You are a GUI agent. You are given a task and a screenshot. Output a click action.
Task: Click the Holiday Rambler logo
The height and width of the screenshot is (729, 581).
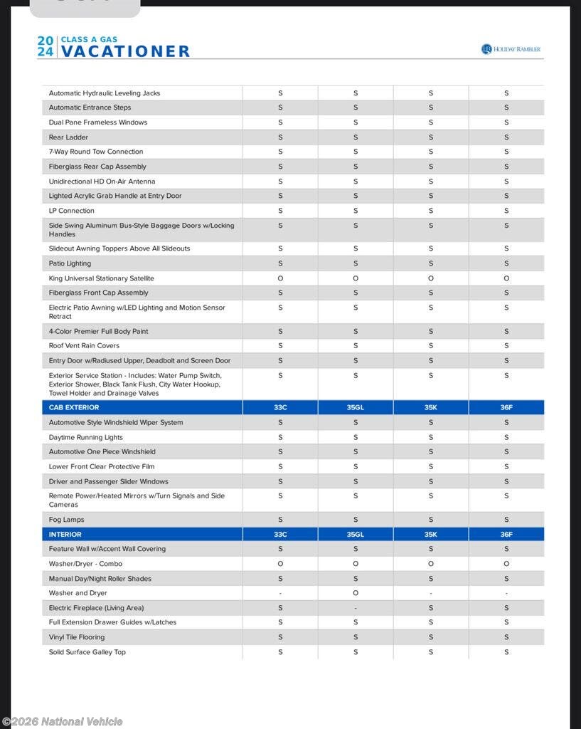511,49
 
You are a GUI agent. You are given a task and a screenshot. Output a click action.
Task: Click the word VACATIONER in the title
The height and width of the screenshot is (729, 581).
125,51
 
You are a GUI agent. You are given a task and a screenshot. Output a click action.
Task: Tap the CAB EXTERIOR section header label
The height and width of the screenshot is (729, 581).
74,407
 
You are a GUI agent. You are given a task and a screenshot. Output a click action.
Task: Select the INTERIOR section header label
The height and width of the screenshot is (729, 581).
65,534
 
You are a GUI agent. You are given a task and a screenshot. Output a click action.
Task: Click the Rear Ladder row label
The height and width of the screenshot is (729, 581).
68,137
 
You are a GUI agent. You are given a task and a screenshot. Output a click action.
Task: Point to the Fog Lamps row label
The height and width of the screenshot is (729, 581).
66,520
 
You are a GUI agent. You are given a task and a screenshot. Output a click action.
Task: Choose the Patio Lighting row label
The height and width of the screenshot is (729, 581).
70,263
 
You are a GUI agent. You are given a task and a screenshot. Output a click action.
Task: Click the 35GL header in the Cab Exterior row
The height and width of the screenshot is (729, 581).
356,407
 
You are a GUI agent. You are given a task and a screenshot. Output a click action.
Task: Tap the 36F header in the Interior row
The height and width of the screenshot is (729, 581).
506,534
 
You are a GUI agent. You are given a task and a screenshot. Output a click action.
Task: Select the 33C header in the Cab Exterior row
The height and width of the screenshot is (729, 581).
280,407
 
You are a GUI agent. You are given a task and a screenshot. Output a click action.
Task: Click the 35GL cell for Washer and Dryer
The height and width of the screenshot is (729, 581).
356,593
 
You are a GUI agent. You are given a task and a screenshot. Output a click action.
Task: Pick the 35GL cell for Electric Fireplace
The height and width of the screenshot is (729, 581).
356,608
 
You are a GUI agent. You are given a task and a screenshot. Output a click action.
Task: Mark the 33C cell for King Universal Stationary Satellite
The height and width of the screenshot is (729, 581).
280,278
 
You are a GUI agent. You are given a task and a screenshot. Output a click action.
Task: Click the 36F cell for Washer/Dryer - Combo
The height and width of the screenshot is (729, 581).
506,564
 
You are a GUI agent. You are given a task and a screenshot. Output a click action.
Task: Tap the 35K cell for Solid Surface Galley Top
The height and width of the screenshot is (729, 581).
431,652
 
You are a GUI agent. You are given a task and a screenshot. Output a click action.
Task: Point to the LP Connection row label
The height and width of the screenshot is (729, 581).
71,211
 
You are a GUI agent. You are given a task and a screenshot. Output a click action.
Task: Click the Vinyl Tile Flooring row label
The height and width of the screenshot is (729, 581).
77,637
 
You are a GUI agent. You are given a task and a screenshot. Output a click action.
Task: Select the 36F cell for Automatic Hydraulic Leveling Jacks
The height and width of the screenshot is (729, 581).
506,93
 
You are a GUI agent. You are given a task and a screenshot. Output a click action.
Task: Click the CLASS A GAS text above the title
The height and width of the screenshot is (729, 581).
90,39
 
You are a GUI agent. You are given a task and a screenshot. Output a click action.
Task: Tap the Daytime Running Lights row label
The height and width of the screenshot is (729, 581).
85,437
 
